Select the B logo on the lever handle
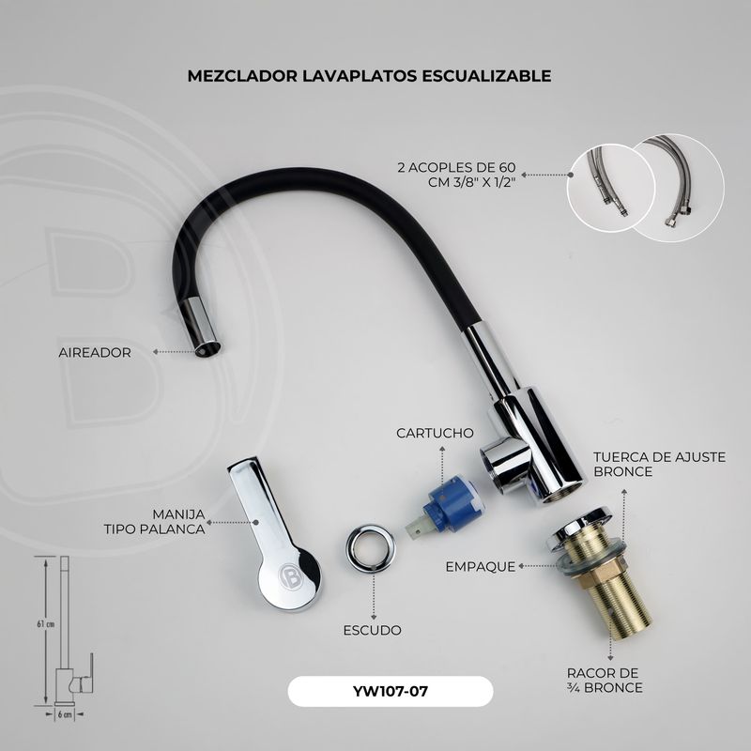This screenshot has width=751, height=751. pos(291,577)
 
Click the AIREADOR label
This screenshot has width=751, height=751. pos(95,353)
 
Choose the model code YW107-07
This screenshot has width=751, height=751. pos(391,692)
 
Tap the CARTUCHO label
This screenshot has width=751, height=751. pos(435,433)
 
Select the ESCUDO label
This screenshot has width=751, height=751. pos(372,630)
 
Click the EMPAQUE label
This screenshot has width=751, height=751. pos(481,567)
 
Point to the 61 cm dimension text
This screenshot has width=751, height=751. pos(45,624)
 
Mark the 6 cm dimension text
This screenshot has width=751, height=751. pos(65,714)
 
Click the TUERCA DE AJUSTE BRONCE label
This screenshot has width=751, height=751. pos(660,464)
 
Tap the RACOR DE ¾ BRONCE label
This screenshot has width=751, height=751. pos(605,680)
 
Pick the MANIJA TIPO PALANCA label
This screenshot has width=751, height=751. pos(155,522)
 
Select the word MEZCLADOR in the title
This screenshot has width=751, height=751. pos(242,76)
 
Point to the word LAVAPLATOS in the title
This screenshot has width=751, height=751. pos(360,76)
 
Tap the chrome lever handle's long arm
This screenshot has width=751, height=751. pos(259,508)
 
